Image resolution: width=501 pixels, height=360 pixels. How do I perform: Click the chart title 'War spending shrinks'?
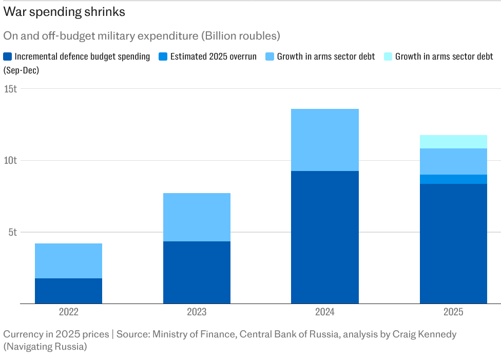(64, 12)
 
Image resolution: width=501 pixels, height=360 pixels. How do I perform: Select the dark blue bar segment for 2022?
(68, 291)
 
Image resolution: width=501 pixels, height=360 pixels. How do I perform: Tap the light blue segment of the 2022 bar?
(68, 261)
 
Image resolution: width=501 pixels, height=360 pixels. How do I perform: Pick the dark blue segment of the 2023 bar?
(197, 272)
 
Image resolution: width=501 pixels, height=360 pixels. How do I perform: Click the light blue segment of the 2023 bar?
(197, 217)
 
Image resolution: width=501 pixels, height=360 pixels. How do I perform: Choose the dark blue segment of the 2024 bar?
(325, 237)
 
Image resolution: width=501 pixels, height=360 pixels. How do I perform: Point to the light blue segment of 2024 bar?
(325, 140)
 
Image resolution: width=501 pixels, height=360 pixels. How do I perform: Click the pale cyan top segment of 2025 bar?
(453, 142)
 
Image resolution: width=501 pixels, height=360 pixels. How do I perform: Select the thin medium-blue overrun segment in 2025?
(453, 179)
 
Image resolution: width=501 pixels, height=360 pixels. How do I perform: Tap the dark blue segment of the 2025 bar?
(453, 243)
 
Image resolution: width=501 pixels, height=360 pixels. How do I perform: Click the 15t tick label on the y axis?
(10, 88)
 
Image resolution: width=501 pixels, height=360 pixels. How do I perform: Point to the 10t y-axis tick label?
(10, 160)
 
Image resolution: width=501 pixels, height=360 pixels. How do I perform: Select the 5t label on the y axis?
(12, 232)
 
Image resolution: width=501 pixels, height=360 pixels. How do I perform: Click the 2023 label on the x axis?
(197, 312)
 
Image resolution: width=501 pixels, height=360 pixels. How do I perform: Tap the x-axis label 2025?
(453, 312)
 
